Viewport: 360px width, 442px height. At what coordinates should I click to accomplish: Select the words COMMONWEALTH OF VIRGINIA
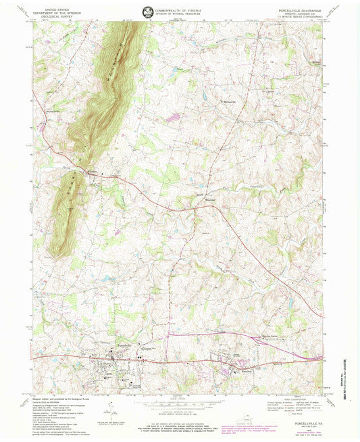click(182, 10)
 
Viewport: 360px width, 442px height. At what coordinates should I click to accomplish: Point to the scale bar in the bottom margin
click(180, 405)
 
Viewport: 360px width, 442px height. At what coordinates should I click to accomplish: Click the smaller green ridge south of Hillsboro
click(68, 210)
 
